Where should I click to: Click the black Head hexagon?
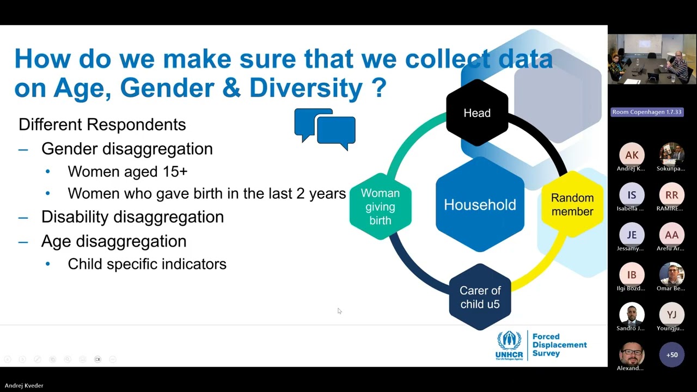477,113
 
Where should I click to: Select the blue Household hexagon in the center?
480,205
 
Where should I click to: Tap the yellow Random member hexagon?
572,205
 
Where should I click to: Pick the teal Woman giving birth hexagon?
380,206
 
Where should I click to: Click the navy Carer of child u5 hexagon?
480,297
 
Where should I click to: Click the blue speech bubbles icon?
325,129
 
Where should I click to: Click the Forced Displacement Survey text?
559,345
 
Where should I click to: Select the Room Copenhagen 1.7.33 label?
646,112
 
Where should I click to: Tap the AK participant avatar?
632,155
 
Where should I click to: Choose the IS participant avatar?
632,195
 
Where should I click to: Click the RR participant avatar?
671,195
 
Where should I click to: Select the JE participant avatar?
632,235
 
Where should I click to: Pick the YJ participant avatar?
671,315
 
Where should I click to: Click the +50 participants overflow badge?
671,355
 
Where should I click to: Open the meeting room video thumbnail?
652,59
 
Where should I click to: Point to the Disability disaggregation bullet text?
132,217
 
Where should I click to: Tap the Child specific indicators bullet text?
147,264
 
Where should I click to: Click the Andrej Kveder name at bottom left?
24,385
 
